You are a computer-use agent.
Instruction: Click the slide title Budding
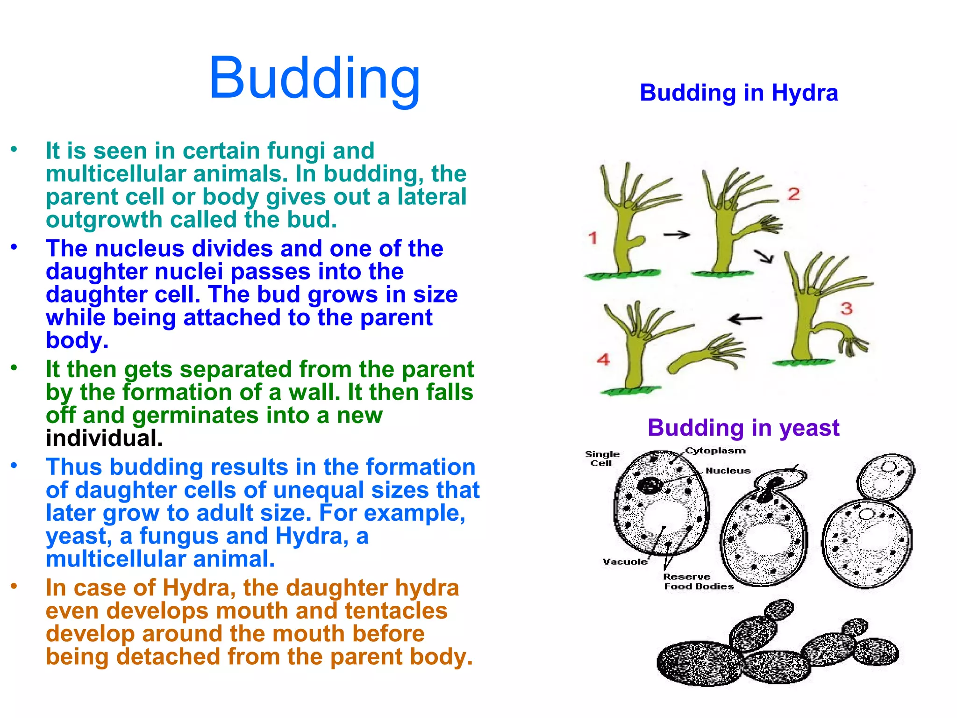[314, 78]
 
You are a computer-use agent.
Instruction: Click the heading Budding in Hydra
[738, 93]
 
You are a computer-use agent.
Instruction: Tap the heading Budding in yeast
[743, 428]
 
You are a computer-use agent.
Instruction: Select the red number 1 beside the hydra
[593, 238]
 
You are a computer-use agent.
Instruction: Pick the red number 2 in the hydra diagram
[793, 194]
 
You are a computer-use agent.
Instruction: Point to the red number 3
[847, 309]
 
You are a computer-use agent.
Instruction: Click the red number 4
[603, 359]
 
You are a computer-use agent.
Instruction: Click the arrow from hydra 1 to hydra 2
[677, 235]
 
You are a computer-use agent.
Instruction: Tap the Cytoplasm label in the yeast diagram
[715, 451]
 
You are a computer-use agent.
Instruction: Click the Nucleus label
[728, 471]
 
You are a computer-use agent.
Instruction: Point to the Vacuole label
[625, 561]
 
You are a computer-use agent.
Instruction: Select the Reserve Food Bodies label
[698, 582]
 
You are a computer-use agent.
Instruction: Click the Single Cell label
[602, 459]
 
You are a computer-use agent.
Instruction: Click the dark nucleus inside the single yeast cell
[650, 486]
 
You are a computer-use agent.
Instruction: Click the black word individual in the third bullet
[104, 438]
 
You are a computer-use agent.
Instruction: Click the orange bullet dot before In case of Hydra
[14, 586]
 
